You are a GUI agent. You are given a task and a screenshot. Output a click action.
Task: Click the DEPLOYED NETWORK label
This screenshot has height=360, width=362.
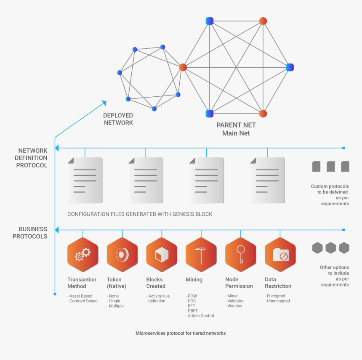118,119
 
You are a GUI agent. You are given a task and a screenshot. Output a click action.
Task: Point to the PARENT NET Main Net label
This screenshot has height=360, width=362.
236,129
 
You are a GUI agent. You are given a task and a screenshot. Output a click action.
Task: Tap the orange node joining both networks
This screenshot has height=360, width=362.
183,67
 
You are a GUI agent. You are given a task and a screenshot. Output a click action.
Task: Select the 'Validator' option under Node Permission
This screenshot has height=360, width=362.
235,301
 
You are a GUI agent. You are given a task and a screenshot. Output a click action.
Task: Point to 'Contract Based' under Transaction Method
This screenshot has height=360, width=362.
83,301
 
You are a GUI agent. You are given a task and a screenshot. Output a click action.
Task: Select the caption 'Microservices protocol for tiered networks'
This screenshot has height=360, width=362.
181,333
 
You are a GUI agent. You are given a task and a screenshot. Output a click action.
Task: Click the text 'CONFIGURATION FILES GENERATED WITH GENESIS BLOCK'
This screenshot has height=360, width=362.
140,214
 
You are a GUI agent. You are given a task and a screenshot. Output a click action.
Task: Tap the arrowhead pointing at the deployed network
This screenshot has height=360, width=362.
104,102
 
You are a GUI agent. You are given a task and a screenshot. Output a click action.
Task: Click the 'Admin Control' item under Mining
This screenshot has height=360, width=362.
200,316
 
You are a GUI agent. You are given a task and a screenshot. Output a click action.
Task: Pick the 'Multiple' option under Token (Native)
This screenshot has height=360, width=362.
116,306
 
